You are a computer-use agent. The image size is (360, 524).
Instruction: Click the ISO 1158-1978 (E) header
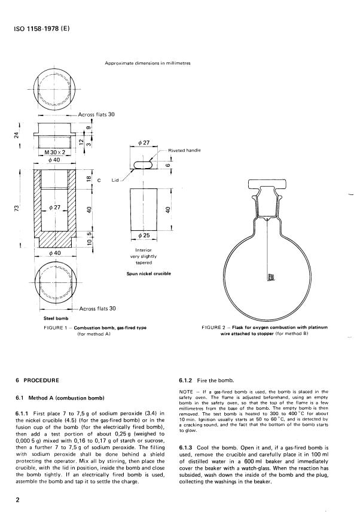coord(42,29)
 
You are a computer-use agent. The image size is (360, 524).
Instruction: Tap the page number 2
coord(18,500)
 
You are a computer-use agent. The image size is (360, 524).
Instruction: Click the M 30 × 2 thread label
coord(55,153)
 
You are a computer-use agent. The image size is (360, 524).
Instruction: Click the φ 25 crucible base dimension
coord(144,235)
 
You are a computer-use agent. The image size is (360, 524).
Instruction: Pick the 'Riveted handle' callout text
coord(184,150)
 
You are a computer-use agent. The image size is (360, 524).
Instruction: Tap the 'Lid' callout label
coord(115,180)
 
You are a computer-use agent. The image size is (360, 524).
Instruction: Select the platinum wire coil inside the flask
coord(270,277)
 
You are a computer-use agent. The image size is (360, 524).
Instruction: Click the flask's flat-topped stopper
coord(267,184)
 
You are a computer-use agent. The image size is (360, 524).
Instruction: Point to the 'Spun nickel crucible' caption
coord(149,273)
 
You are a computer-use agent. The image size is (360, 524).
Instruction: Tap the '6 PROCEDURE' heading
coord(37,380)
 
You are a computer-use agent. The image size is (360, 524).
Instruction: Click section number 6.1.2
coord(185,380)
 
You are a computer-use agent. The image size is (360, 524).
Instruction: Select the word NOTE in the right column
coord(186,392)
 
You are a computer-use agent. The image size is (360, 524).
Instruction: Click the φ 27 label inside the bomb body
coord(54,207)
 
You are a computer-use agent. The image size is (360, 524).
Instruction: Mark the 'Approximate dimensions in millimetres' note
coord(148,63)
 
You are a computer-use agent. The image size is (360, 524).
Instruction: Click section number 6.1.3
coord(185,447)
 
